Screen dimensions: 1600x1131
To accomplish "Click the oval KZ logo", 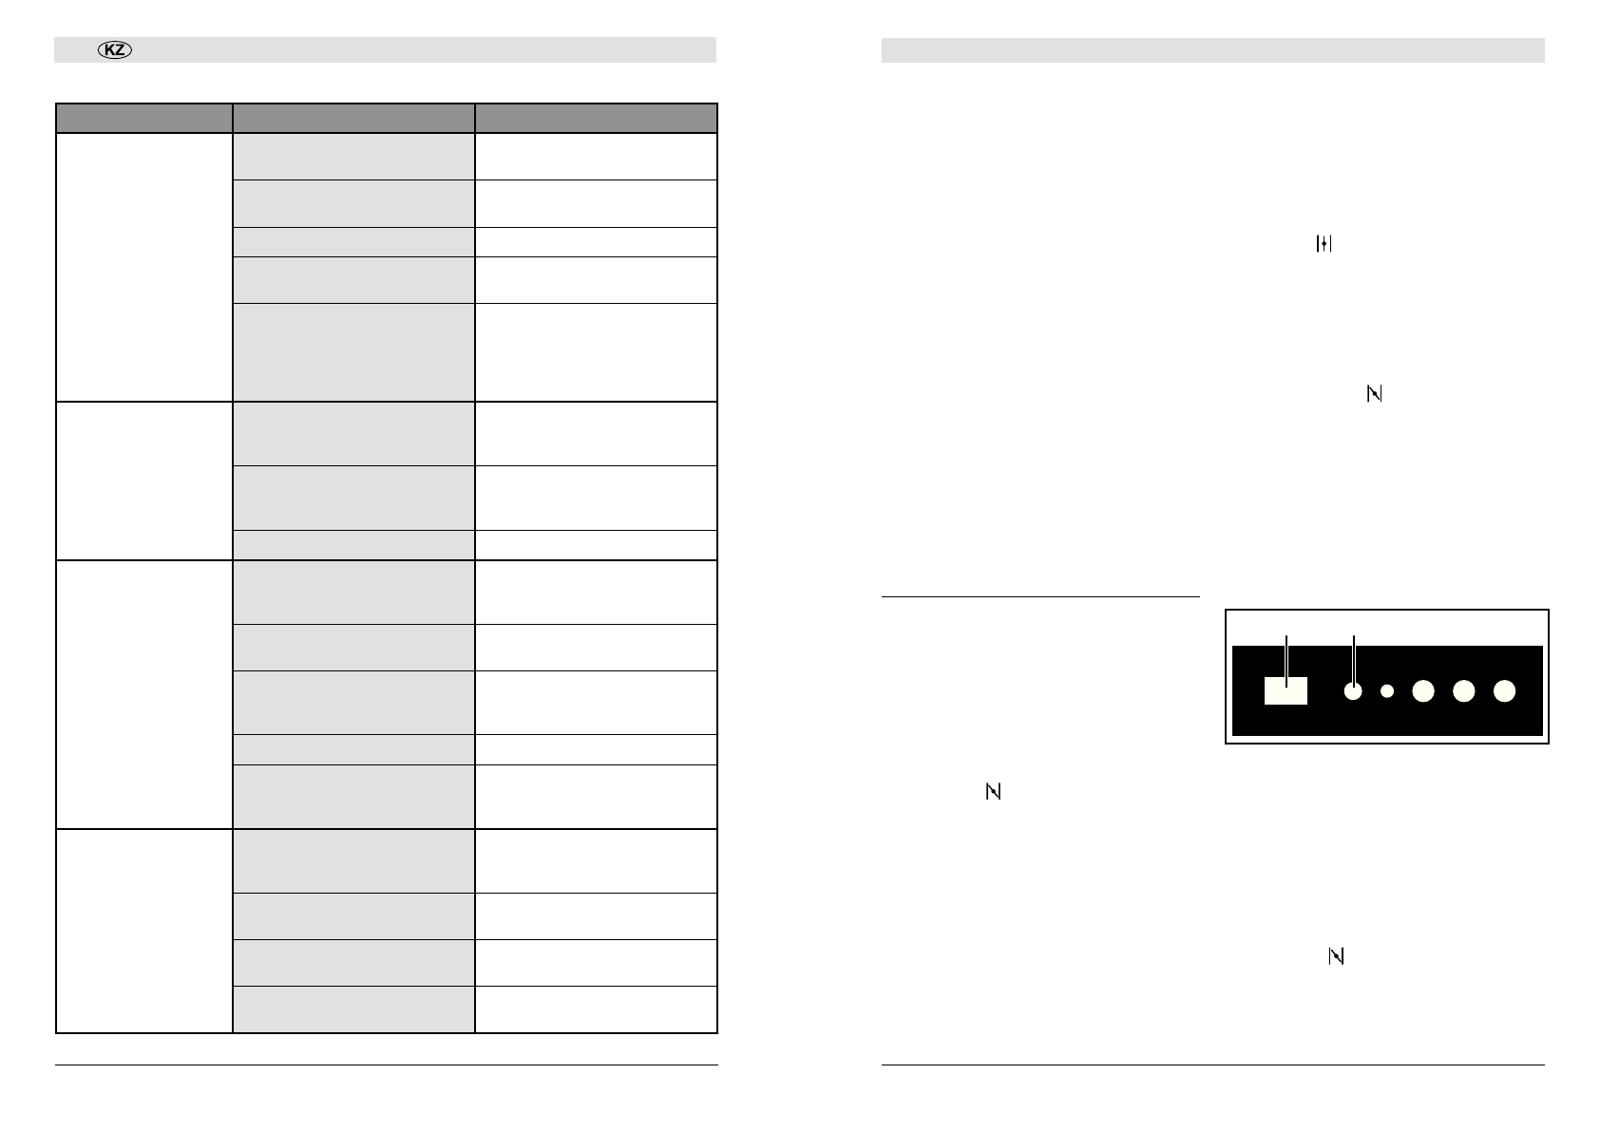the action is [x=114, y=50].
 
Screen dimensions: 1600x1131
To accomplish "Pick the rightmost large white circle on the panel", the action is [x=1504, y=691].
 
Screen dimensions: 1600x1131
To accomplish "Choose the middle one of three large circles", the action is [x=1463, y=691].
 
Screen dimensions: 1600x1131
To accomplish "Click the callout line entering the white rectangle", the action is [x=1286, y=661].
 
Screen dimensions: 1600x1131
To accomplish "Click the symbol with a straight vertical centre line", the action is [x=1324, y=243].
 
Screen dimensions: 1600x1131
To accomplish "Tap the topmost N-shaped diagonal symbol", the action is [x=1374, y=393].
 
